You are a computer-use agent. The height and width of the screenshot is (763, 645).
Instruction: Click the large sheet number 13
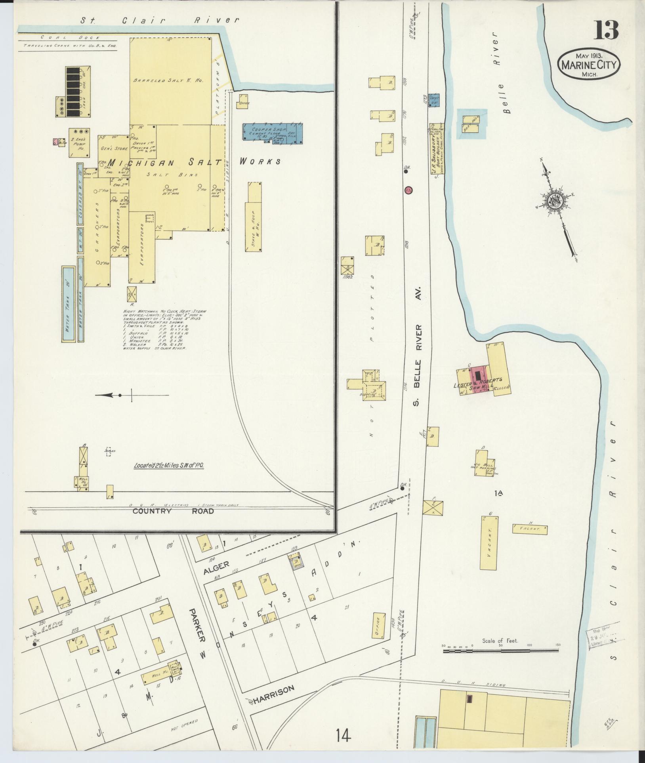click(605, 30)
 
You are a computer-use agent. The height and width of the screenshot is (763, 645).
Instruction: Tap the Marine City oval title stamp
click(589, 65)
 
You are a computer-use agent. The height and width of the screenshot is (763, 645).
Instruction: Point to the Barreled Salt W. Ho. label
click(168, 80)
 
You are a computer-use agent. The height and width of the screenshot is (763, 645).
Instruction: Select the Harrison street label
click(274, 689)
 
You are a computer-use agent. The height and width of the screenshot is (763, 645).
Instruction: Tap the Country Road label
click(173, 511)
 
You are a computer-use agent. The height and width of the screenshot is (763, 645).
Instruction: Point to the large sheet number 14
click(343, 736)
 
